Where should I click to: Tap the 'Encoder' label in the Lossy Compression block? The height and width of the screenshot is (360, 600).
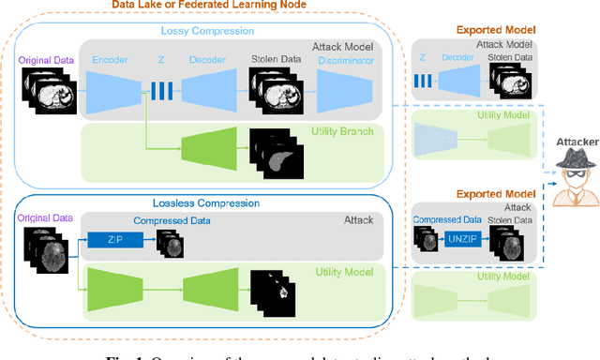(110, 61)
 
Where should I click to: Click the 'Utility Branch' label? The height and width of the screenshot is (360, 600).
(344, 132)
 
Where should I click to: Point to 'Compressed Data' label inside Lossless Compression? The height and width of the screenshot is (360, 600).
(172, 221)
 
